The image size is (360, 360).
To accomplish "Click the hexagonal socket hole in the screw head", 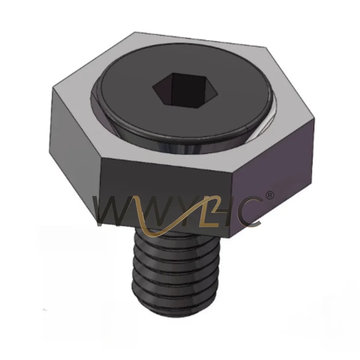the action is point(185,90).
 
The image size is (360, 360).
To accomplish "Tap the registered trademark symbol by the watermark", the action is point(270,195).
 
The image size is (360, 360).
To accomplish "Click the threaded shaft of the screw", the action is point(175,273).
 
